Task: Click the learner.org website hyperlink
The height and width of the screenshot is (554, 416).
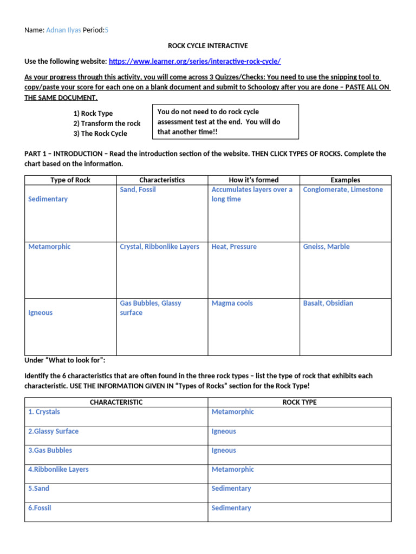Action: click(x=195, y=62)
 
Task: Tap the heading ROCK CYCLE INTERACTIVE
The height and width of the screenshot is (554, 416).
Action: click(x=207, y=46)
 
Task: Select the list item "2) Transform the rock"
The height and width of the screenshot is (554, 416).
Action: click(x=107, y=123)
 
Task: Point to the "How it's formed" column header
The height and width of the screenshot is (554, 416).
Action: click(x=253, y=180)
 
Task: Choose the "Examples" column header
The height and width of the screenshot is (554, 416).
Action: click(x=345, y=180)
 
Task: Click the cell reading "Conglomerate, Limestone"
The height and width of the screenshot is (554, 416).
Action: click(x=343, y=189)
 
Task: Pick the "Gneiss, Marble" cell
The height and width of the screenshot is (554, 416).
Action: click(x=326, y=247)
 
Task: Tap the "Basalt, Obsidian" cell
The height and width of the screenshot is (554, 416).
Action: click(x=328, y=303)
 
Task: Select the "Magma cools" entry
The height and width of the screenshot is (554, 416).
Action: click(x=232, y=303)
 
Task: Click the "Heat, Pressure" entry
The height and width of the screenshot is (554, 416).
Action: click(x=234, y=247)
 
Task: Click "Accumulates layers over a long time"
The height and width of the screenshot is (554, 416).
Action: click(x=251, y=194)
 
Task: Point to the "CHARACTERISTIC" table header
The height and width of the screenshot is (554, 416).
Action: click(x=116, y=402)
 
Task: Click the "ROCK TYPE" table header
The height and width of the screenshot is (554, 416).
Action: click(x=300, y=402)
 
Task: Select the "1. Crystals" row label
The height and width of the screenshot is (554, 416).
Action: click(x=44, y=412)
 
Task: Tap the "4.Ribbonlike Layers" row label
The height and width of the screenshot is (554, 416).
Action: click(x=58, y=469)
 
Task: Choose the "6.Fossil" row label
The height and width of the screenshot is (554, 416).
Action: click(x=40, y=508)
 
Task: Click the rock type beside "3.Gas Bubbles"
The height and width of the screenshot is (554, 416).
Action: click(x=224, y=450)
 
